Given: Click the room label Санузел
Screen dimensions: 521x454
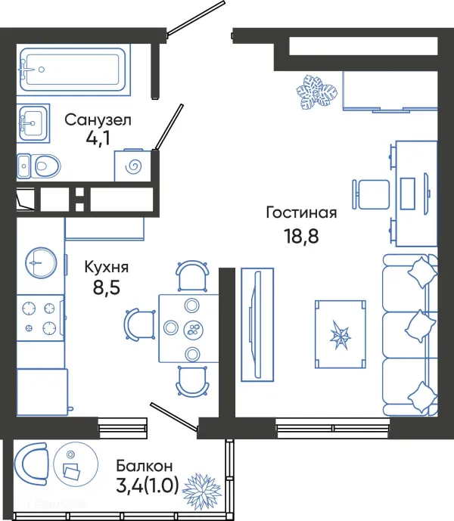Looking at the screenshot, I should [98, 119].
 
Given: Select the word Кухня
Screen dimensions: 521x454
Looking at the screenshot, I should [106, 267].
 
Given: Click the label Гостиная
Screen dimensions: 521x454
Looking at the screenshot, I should [301, 213].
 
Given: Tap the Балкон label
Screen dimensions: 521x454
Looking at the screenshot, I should [145, 466].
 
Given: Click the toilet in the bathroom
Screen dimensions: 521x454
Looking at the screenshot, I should [39, 164].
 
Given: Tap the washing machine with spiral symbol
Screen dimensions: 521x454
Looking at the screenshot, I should [132, 166].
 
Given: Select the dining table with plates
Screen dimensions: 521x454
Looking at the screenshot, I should [188, 328].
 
